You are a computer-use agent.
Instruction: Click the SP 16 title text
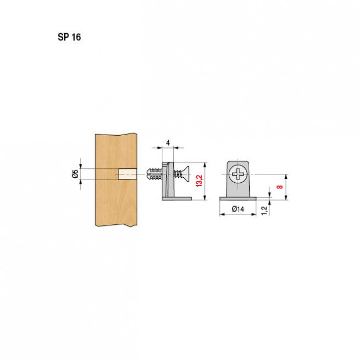[x=69, y=37]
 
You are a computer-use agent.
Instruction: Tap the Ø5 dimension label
[x=75, y=174]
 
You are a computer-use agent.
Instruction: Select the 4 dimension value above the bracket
[x=168, y=143]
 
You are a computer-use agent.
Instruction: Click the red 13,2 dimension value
[x=199, y=181]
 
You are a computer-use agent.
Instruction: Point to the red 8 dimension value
[x=280, y=187]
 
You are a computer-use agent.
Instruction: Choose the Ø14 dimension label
[x=238, y=209]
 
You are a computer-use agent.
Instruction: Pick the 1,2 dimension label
[x=265, y=210]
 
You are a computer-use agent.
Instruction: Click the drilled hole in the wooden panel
[x=127, y=174]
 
